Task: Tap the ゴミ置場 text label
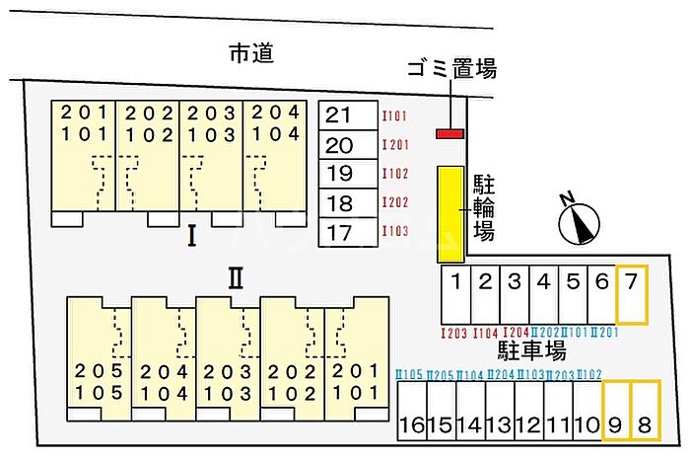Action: (x=451, y=69)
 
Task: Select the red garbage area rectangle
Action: (x=450, y=133)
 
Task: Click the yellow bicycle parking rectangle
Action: (x=450, y=213)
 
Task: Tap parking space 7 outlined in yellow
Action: (x=632, y=294)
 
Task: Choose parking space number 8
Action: (x=645, y=410)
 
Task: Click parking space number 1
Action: (x=455, y=294)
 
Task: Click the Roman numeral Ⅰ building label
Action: (x=192, y=236)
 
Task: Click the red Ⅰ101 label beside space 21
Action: (x=394, y=116)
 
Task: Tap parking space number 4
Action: (x=543, y=294)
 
